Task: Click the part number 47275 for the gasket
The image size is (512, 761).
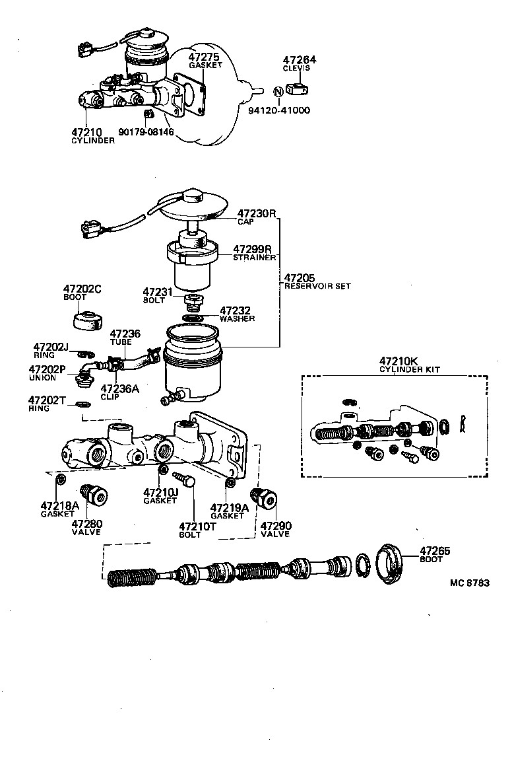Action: click(x=205, y=57)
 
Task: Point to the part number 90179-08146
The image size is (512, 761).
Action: click(x=146, y=132)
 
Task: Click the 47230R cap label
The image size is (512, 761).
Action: click(x=256, y=214)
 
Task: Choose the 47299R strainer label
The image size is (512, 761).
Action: click(x=253, y=250)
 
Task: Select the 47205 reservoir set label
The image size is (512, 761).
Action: click(x=300, y=278)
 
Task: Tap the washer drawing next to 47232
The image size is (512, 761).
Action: click(x=193, y=318)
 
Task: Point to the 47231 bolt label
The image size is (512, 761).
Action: click(x=157, y=291)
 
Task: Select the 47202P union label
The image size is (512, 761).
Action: click(x=48, y=370)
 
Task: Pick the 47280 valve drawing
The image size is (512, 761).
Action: click(x=93, y=495)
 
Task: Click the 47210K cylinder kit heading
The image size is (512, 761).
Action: click(x=399, y=361)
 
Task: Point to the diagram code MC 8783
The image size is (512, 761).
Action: click(x=470, y=583)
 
